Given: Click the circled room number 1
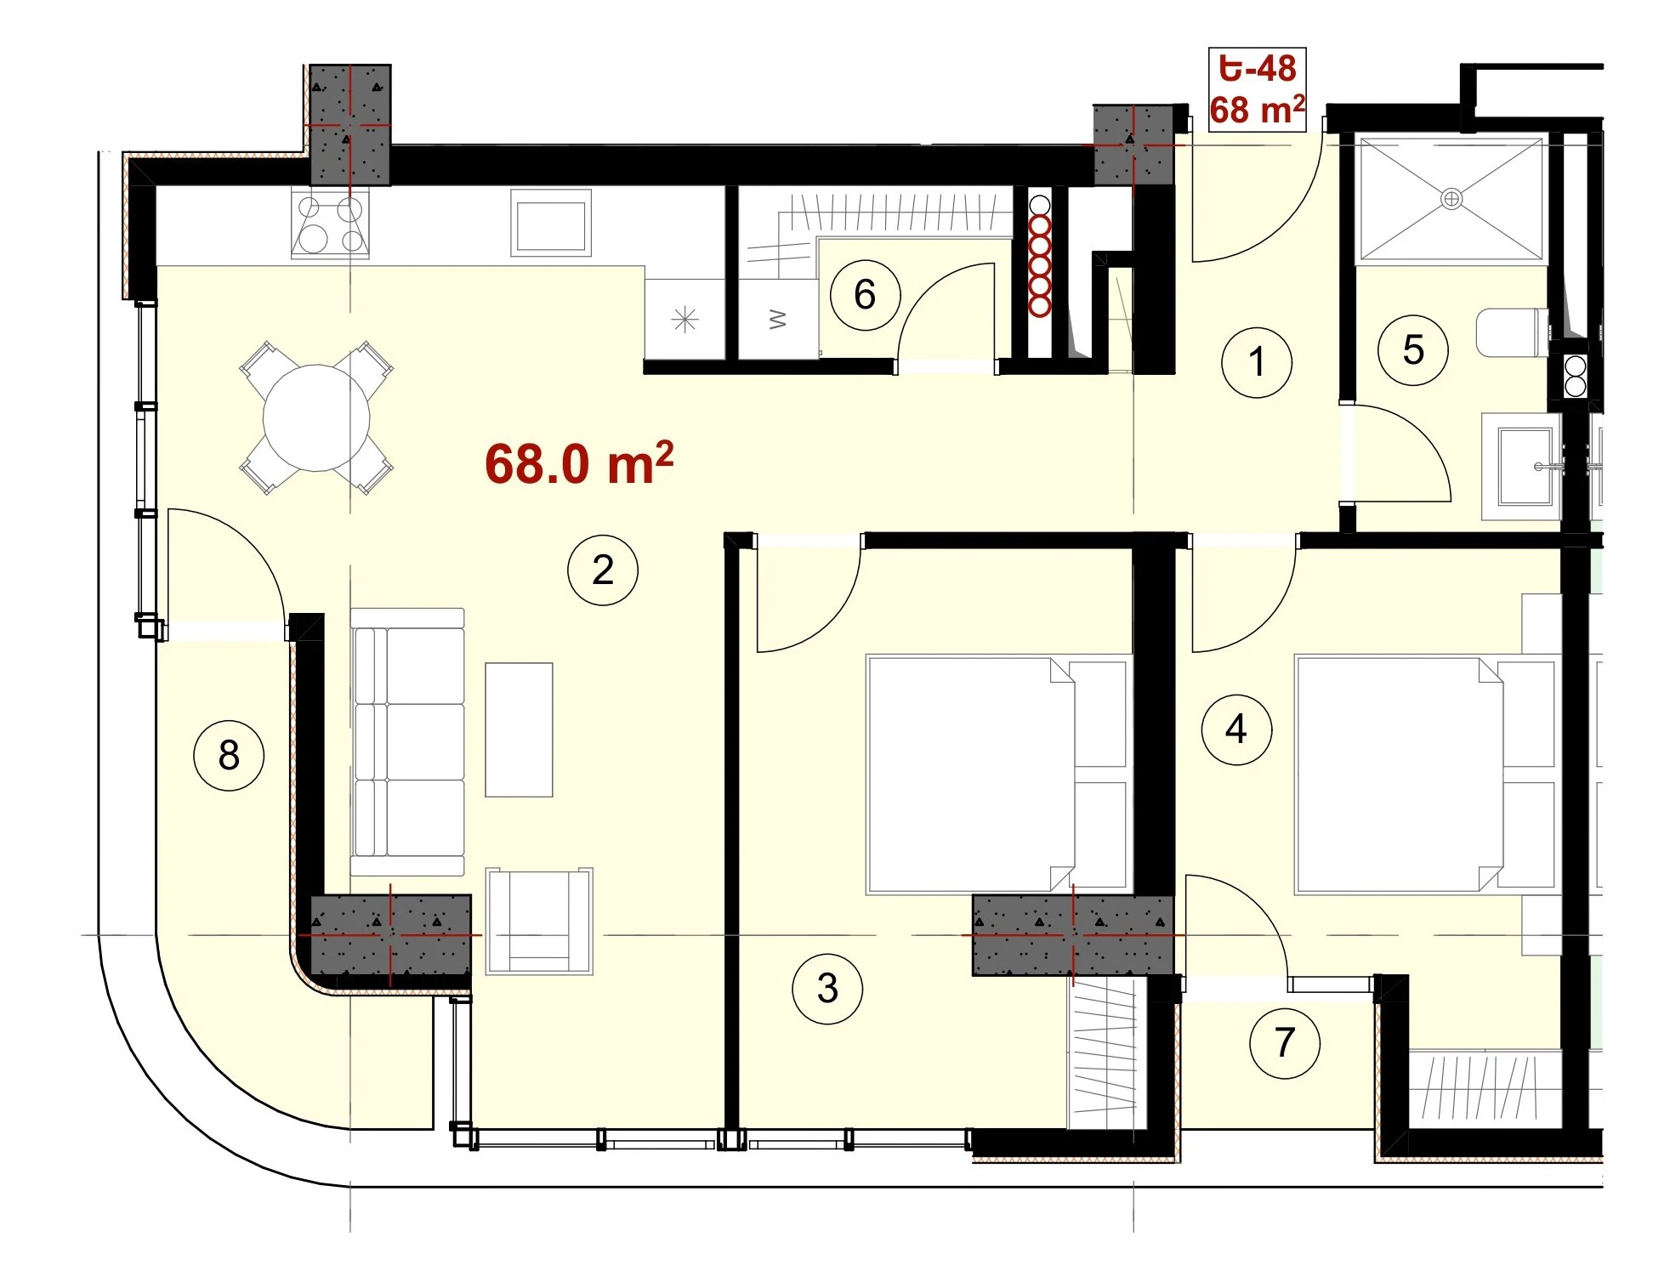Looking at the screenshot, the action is [x=1256, y=362].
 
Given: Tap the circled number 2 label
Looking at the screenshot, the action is [x=602, y=570].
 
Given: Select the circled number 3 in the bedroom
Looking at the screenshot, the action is [x=826, y=989].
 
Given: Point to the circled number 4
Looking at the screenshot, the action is [x=1236, y=729].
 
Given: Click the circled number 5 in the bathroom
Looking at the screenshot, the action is [x=1412, y=350].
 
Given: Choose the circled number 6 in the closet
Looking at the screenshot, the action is [x=865, y=295].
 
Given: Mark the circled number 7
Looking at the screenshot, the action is [x=1284, y=1043].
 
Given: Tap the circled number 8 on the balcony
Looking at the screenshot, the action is [x=229, y=756].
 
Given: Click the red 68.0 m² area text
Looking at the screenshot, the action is [x=579, y=464].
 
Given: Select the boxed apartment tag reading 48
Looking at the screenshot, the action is [x=1257, y=89].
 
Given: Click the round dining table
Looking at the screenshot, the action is [x=316, y=418].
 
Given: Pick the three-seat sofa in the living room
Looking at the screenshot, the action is [x=407, y=741].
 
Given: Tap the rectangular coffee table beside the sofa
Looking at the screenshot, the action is [x=519, y=729].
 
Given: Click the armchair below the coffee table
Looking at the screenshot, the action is [x=539, y=921].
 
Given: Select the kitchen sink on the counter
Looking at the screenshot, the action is [x=550, y=223].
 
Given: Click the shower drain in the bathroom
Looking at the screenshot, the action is [x=1451, y=199].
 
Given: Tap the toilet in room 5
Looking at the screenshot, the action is [x=1512, y=332].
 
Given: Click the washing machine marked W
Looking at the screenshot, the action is [x=777, y=320].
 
